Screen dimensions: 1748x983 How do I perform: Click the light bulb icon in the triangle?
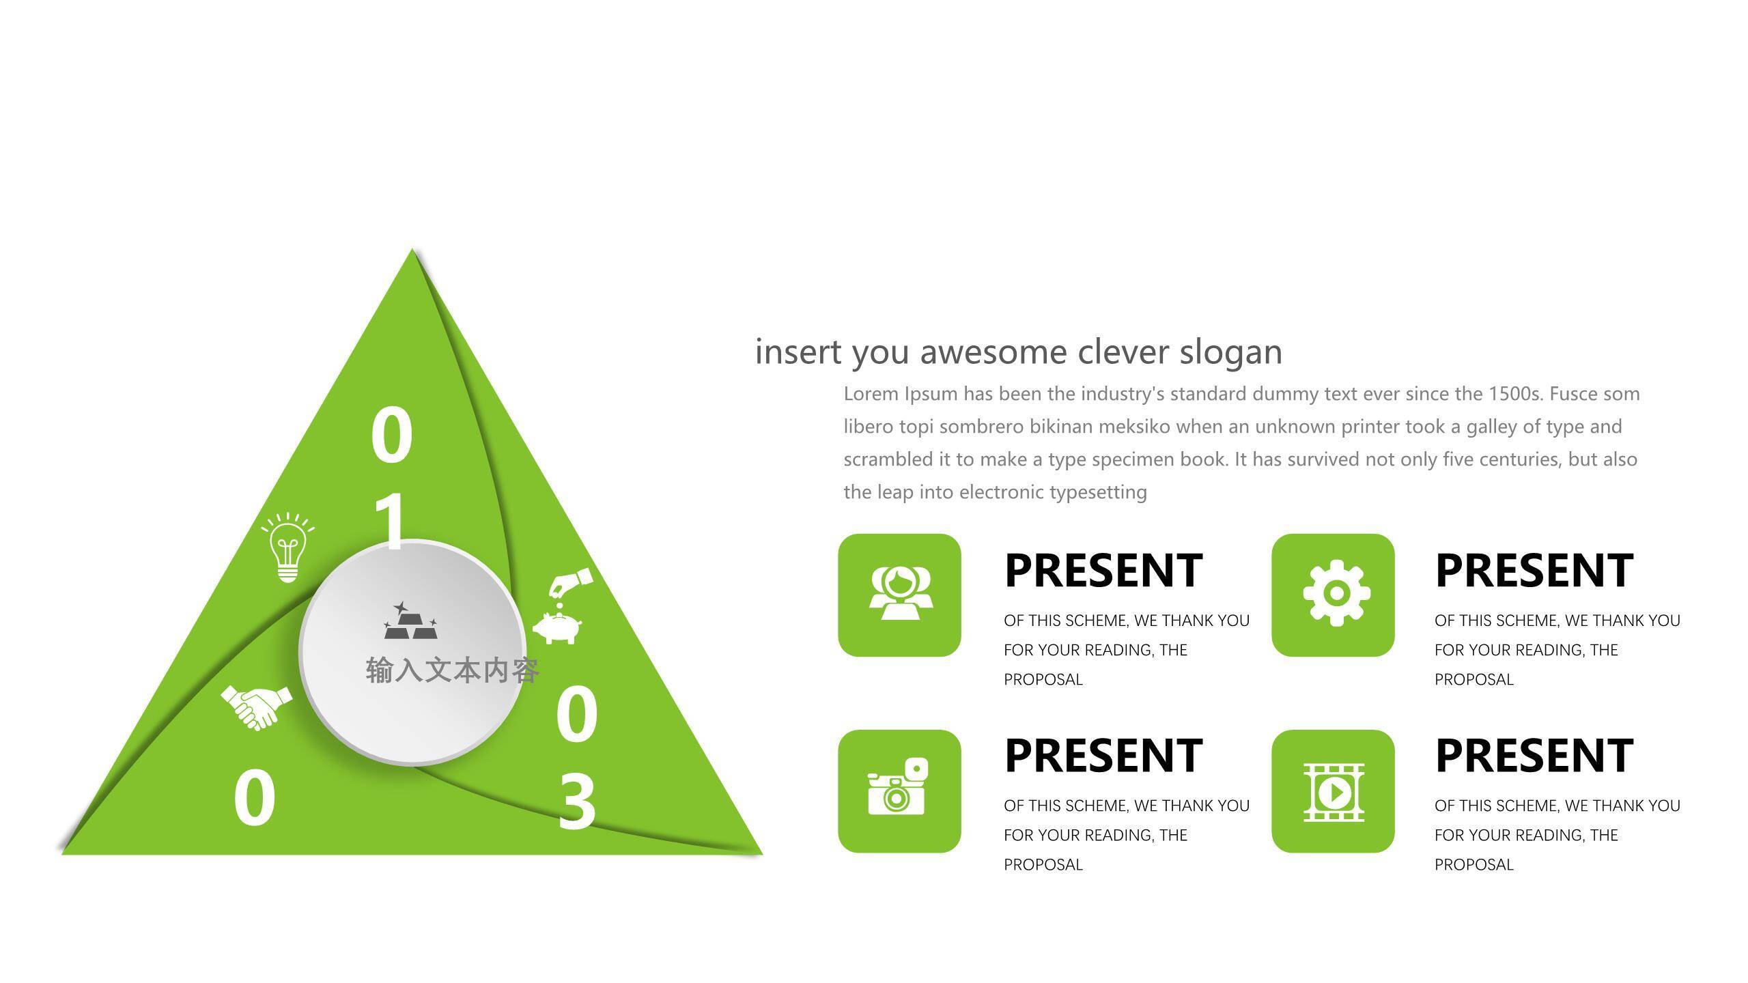287,547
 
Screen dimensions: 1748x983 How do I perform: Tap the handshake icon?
256,707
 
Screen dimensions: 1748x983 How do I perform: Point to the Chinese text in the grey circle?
453,670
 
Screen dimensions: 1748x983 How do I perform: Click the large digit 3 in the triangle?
577,801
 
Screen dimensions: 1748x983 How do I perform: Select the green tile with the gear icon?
1333,595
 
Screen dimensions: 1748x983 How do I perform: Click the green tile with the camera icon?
899,791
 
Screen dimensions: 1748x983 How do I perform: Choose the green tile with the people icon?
899,595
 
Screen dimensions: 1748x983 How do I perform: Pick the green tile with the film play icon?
1333,791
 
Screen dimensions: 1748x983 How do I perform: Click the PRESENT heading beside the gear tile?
1534,571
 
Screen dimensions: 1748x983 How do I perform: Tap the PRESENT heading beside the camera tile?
1103,756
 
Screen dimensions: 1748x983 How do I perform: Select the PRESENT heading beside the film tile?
1534,756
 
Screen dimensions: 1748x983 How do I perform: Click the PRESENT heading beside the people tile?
1103,571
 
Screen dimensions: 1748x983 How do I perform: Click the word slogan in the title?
1231,352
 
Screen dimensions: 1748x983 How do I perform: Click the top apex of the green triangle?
412,248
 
